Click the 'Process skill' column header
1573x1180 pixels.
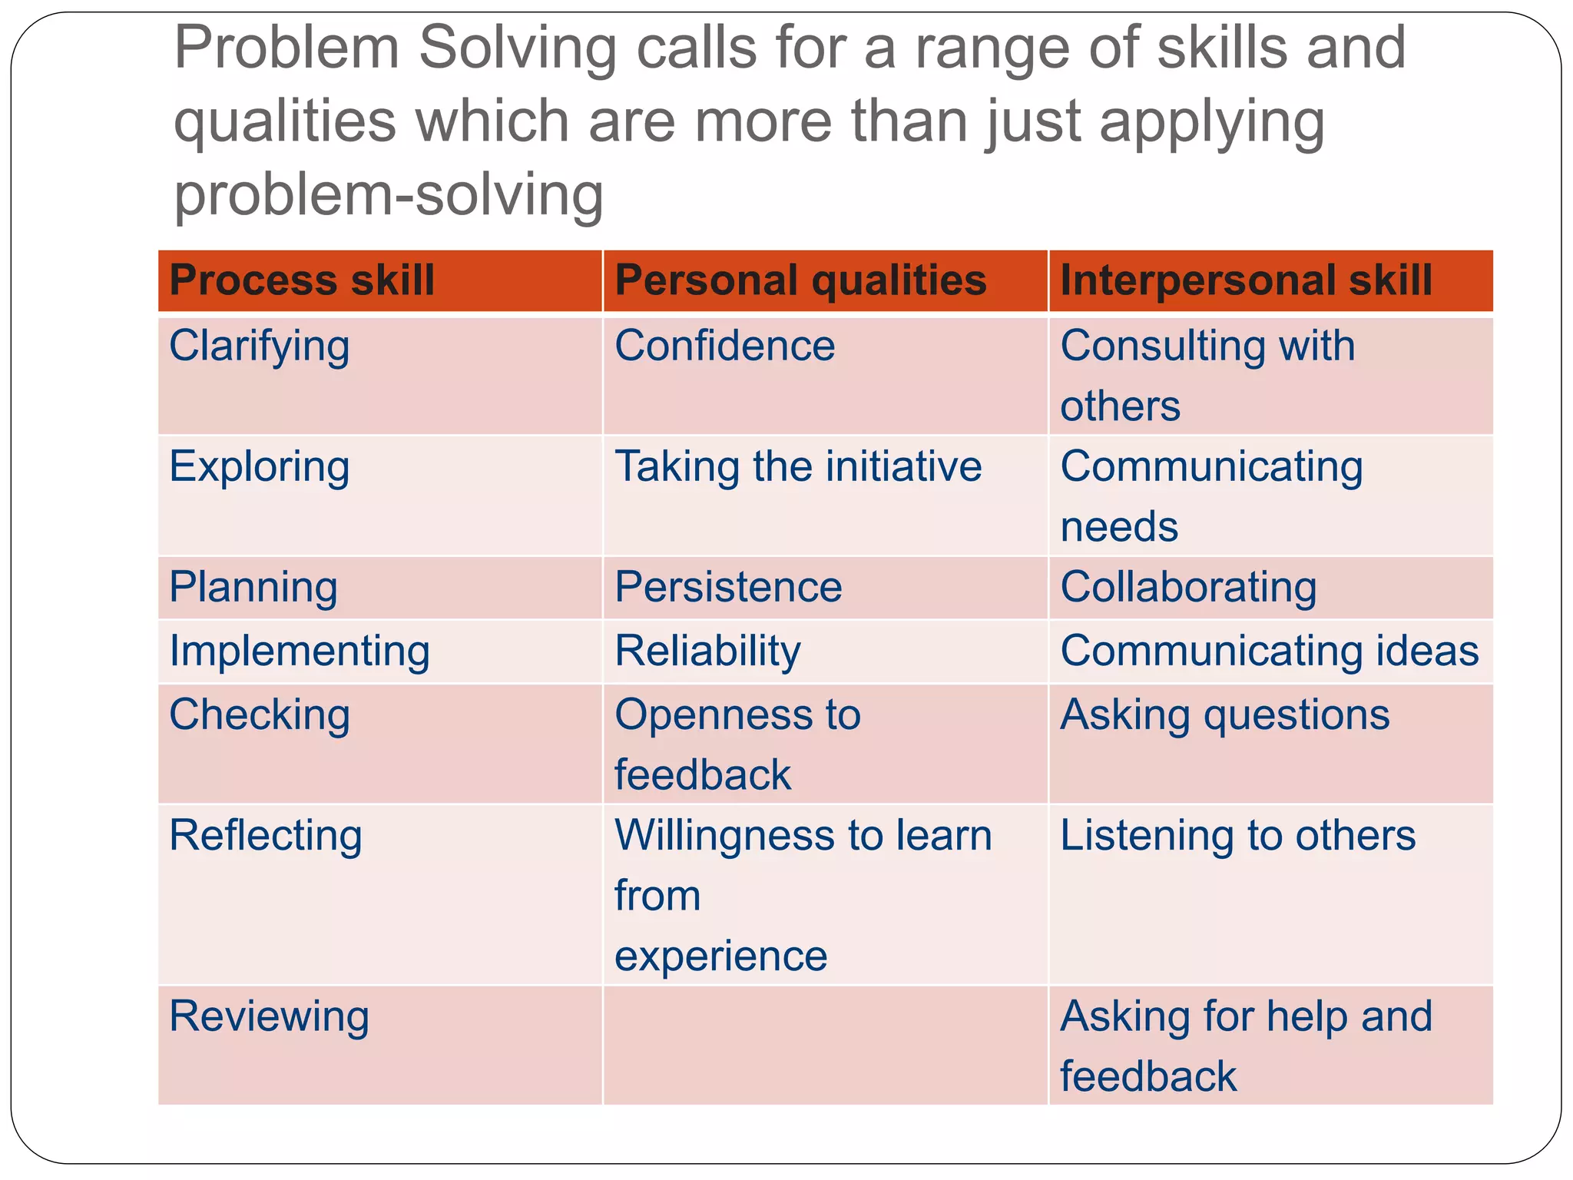[302, 280]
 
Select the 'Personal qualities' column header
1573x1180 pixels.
[800, 280]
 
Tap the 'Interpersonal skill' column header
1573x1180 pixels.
[1246, 280]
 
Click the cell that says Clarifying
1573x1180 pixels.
[260, 346]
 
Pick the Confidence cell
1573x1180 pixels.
[724, 346]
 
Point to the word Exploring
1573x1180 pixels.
[260, 467]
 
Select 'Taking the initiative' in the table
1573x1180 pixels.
[798, 467]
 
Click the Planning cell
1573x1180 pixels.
[253, 588]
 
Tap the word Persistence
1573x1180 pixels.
[728, 588]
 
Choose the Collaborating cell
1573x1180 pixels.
[1188, 588]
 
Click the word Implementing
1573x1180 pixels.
[300, 651]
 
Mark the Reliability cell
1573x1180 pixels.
[707, 651]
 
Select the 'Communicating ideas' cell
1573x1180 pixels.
[1269, 651]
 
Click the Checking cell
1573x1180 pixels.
[260, 715]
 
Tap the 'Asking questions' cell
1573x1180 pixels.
[1224, 715]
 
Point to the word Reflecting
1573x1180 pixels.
[266, 836]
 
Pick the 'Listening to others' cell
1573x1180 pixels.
[1237, 836]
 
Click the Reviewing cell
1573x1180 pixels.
[269, 1016]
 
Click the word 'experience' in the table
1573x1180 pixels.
[720, 956]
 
